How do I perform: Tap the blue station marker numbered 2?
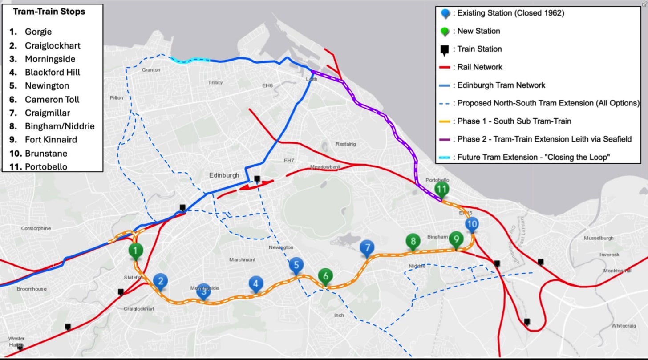[160, 281]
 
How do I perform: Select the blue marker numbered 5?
[296, 266]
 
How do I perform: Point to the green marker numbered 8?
[413, 242]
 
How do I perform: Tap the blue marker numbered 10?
[472, 224]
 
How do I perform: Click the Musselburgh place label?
[597, 238]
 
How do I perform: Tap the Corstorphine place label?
[36, 228]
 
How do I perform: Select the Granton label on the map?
[151, 70]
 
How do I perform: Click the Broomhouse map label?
[32, 289]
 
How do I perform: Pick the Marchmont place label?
[243, 259]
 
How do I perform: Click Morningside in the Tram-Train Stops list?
[50, 59]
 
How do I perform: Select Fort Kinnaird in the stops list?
[51, 139]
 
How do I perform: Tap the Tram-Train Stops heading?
[49, 12]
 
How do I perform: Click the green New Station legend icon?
[444, 32]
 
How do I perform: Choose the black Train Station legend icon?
[444, 50]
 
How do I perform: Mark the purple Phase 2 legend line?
[444, 139]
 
